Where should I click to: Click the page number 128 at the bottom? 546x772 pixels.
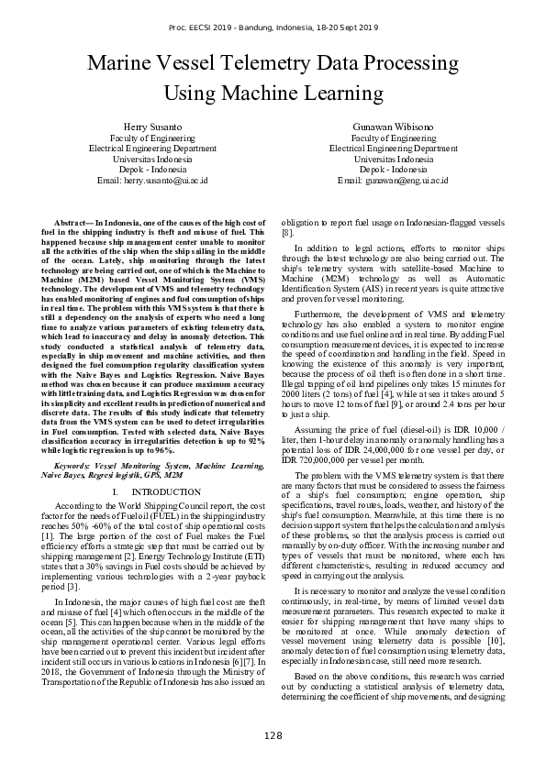pos(273,736)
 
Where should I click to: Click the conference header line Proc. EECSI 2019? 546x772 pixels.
pos(273,29)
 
